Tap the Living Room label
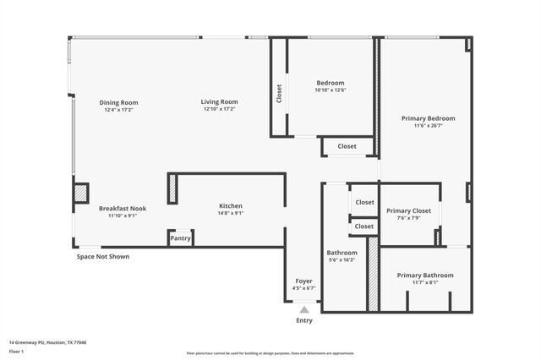tap(219, 101)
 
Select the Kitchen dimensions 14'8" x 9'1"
tap(231, 214)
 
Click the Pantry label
tap(181, 238)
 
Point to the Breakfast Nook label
tap(123, 208)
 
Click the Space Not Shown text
tap(103, 256)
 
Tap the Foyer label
tap(303, 281)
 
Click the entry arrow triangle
tap(304, 309)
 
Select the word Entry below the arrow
tap(304, 320)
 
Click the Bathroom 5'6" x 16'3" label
tap(342, 253)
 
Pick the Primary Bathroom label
tap(425, 275)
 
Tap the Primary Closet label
tap(409, 210)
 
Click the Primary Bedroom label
tap(428, 118)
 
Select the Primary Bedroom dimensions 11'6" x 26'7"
tap(428, 127)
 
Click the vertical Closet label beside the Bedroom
tap(279, 93)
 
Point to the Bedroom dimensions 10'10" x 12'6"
tap(331, 90)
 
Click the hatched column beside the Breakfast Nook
tap(81, 194)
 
